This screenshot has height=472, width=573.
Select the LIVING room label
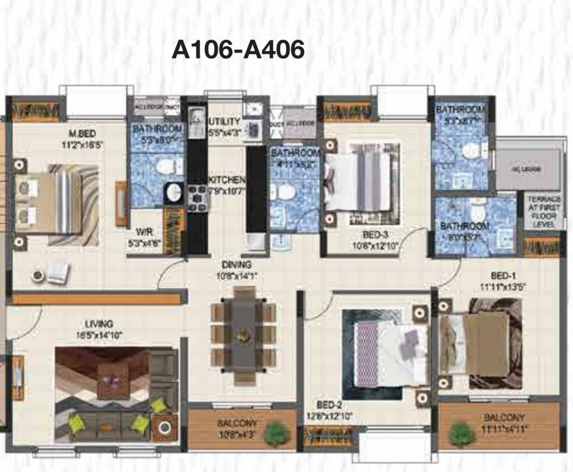99,324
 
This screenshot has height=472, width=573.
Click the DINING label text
236,264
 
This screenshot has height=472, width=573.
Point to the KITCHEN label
227,179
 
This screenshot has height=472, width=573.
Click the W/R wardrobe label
145,232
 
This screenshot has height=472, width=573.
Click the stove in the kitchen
198,199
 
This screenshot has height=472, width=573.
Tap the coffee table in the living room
113,376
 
